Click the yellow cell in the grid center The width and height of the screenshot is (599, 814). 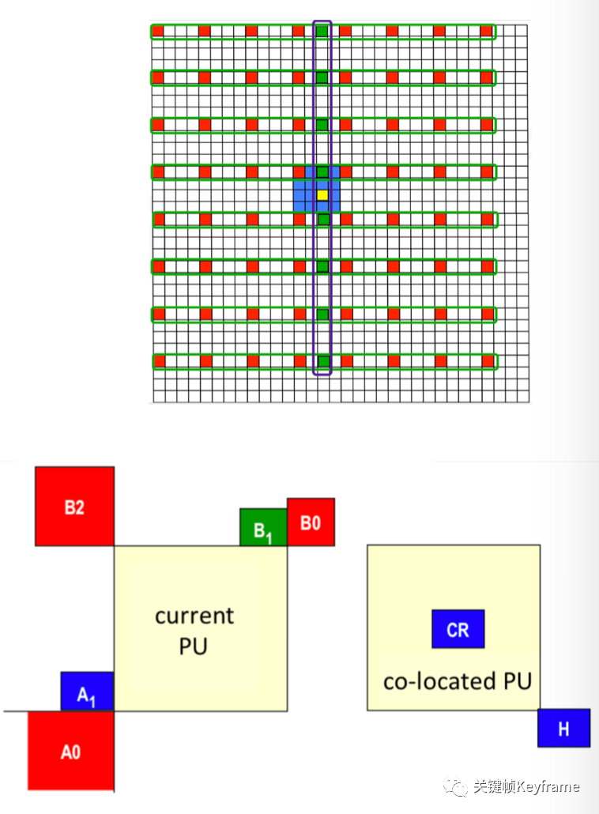click(x=322, y=194)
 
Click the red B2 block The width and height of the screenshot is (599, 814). click(x=74, y=507)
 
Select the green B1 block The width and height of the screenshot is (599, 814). click(x=263, y=528)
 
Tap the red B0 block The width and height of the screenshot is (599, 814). click(x=311, y=522)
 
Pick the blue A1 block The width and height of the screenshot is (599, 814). click(x=87, y=692)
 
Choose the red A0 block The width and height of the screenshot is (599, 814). click(x=71, y=751)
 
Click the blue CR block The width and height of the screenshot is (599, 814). click(x=458, y=629)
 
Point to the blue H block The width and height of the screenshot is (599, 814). click(x=563, y=728)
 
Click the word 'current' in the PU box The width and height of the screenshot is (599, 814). click(x=194, y=616)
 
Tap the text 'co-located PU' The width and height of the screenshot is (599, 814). click(x=457, y=681)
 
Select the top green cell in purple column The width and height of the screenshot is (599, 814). click(x=322, y=31)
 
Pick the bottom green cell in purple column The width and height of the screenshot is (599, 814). click(x=322, y=362)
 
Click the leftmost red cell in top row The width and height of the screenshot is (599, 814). click(x=157, y=31)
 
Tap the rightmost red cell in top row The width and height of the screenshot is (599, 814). click(x=486, y=31)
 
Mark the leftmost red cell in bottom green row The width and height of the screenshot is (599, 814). click(x=158, y=361)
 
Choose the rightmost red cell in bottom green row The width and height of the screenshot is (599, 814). click(x=486, y=361)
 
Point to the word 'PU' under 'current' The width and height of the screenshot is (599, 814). click(x=193, y=646)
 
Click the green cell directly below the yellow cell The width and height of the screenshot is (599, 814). click(x=322, y=219)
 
